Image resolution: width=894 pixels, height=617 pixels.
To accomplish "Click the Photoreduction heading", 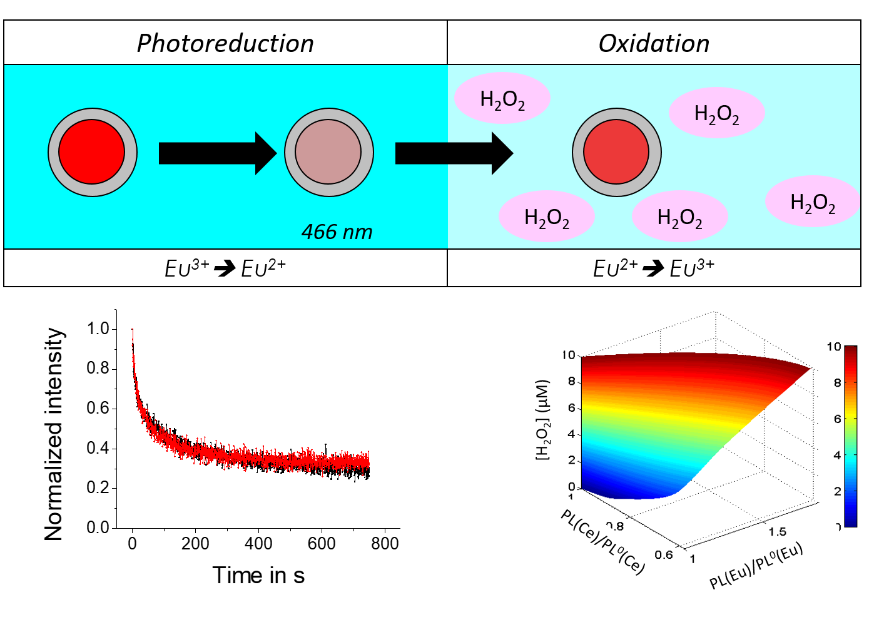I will point(225,43).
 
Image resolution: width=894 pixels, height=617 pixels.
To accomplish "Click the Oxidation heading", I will point(654,43).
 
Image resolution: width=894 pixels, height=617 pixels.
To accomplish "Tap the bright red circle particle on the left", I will point(92,152).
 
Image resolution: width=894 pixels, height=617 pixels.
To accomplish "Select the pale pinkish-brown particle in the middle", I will point(328,152).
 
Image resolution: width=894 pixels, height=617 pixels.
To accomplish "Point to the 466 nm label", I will point(337,232).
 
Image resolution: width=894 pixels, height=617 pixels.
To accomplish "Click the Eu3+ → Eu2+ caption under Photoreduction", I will point(225,268).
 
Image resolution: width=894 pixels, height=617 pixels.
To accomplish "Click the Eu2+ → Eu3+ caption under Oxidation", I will point(654,268).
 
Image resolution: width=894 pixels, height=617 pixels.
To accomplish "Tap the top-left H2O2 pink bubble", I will point(502,99).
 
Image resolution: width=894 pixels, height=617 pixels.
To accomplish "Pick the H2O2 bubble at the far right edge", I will point(813,201).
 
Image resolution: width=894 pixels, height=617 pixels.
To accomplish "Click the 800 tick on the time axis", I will point(385,543).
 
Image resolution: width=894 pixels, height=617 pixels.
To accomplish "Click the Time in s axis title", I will point(258,575).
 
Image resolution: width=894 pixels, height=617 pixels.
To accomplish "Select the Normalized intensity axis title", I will point(54,434).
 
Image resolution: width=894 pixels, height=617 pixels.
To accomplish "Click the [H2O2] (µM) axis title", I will point(543,419).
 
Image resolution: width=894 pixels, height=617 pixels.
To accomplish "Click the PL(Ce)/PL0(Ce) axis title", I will point(602,542).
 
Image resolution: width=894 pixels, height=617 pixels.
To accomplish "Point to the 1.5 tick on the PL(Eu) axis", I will point(778,531).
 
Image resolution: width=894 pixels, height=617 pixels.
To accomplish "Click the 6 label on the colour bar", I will point(837,419).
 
